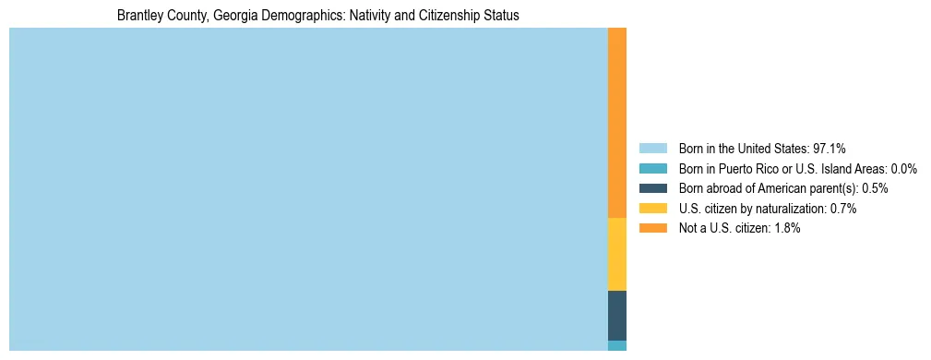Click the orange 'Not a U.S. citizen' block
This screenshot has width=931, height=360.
point(616,123)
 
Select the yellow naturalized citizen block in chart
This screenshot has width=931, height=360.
point(616,254)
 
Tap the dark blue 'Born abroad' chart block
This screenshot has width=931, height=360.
point(616,315)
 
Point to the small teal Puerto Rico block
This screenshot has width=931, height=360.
point(616,345)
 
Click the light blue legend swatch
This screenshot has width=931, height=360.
point(652,149)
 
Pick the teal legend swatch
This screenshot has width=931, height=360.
point(652,169)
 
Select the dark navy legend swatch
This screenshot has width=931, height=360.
point(652,188)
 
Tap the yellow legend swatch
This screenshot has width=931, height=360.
point(652,209)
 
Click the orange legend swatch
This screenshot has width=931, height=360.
point(652,228)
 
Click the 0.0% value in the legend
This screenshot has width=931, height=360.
point(904,169)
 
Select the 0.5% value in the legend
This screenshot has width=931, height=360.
point(875,188)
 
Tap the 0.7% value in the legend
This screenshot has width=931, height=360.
point(843,209)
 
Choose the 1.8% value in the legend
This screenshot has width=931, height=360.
point(787,228)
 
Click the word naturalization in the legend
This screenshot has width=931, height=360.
point(788,209)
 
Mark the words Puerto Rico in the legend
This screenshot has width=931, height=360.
point(752,169)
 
